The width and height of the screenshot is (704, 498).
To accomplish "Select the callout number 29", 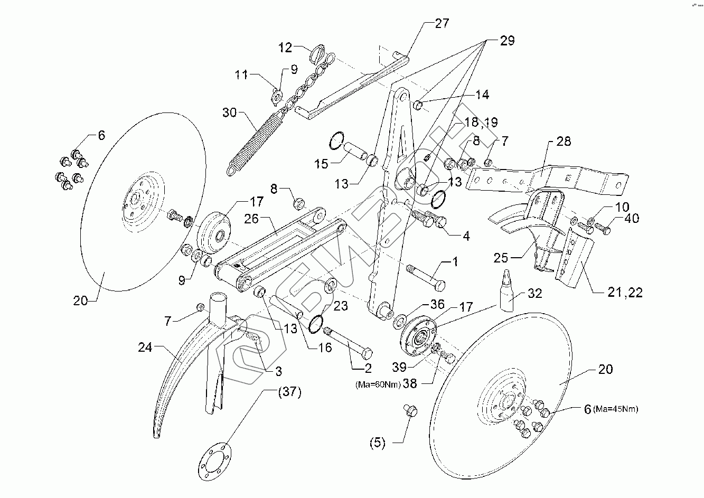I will (x=506, y=41).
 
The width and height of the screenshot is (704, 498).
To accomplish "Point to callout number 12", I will (x=285, y=48).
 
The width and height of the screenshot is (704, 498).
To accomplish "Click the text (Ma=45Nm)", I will (x=616, y=409).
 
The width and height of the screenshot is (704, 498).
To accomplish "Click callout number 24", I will (x=145, y=348).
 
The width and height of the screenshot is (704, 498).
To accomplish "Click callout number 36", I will (x=422, y=305).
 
